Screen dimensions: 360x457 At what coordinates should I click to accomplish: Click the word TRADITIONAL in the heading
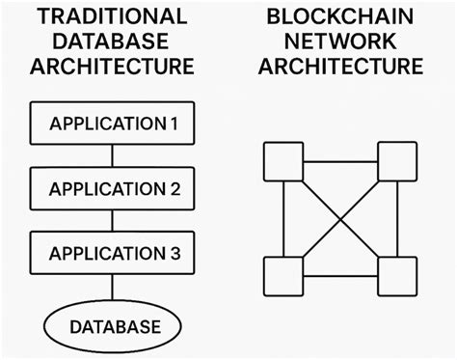[113, 16]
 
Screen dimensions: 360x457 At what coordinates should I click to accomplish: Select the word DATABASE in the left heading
[113, 42]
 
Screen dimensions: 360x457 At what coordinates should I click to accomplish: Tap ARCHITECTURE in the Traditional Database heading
[113, 67]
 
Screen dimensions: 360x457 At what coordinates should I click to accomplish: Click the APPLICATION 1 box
[114, 124]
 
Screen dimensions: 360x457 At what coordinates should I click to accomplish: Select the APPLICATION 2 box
[114, 188]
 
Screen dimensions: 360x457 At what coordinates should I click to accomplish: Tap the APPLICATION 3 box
[114, 254]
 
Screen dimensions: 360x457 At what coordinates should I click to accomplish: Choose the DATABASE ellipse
[114, 326]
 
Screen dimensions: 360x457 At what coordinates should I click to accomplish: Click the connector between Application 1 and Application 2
[114, 155]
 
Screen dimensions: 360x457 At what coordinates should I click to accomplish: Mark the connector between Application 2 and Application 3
[114, 221]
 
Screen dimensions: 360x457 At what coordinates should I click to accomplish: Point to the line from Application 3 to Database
[114, 288]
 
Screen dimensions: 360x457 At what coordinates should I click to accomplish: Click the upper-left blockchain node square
[282, 162]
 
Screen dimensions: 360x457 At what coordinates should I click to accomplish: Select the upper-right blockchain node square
[396, 162]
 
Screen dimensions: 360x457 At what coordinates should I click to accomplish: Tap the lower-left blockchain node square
[282, 276]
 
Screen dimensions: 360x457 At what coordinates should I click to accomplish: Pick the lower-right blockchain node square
[396, 276]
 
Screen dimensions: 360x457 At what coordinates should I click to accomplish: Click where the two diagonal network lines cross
[339, 219]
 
